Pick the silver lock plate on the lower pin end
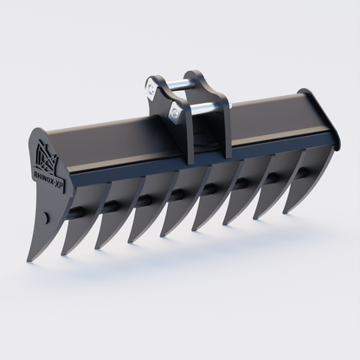178,111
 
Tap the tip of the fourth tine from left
131,242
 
